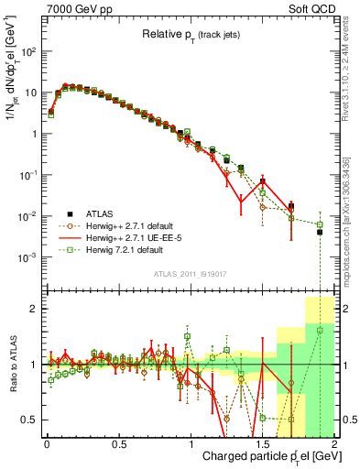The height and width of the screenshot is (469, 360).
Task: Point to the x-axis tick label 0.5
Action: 118,445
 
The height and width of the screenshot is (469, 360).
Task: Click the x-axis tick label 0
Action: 46,445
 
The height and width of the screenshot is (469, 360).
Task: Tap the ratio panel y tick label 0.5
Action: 30,420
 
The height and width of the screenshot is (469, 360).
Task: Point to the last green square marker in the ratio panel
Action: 320,331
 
